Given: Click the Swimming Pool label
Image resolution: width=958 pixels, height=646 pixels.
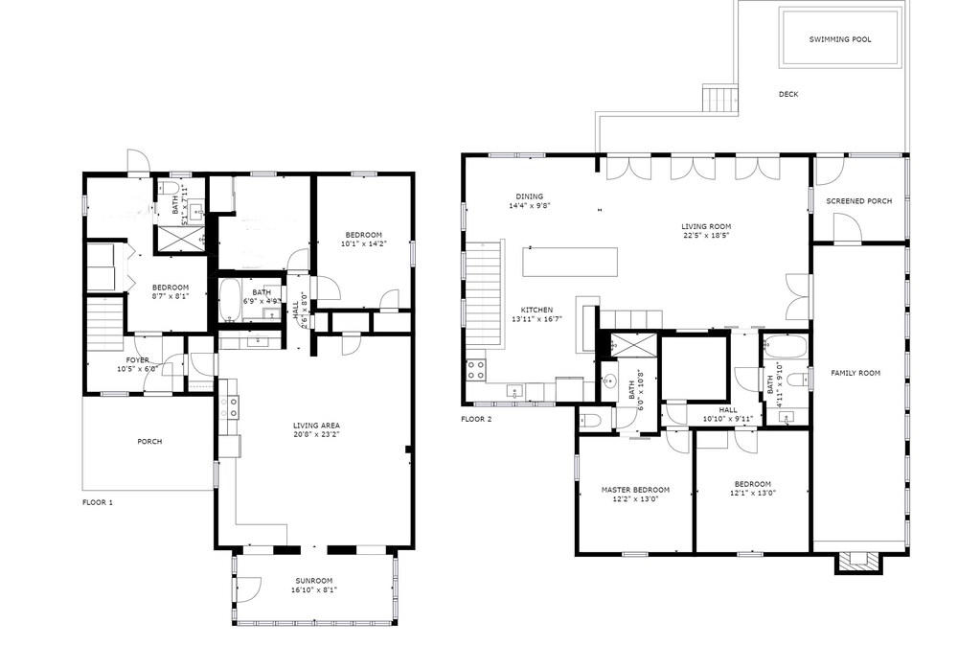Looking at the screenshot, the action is (x=840, y=39).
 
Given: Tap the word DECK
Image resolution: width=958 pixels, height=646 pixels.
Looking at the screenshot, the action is (x=788, y=94).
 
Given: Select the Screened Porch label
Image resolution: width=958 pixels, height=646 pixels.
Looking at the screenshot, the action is (x=858, y=201).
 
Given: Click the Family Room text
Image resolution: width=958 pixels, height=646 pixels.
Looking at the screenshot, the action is (x=855, y=373).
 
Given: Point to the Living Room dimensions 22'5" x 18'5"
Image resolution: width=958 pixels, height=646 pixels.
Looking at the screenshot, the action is (x=706, y=235).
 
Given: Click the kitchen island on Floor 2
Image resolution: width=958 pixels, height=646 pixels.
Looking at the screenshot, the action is (x=569, y=262).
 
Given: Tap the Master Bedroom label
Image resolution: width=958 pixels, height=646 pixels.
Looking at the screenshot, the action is (x=635, y=490).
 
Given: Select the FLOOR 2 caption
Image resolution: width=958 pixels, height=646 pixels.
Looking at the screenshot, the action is (x=476, y=419).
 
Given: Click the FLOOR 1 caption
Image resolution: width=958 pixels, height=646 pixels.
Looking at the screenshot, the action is (x=98, y=503).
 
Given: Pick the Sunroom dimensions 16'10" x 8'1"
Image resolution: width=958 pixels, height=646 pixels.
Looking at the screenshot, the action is (x=314, y=589).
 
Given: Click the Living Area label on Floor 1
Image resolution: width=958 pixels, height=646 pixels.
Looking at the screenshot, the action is (x=316, y=426).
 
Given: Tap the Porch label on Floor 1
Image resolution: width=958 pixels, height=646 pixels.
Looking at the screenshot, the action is (x=149, y=441).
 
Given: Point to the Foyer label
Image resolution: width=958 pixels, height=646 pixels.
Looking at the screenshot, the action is (x=137, y=360).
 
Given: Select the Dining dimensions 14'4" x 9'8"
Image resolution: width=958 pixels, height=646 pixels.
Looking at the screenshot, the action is (x=529, y=206).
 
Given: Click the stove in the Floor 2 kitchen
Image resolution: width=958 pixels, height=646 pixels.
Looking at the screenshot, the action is (x=476, y=370).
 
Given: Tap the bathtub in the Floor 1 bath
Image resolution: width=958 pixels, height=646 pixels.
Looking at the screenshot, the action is (x=230, y=300).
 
